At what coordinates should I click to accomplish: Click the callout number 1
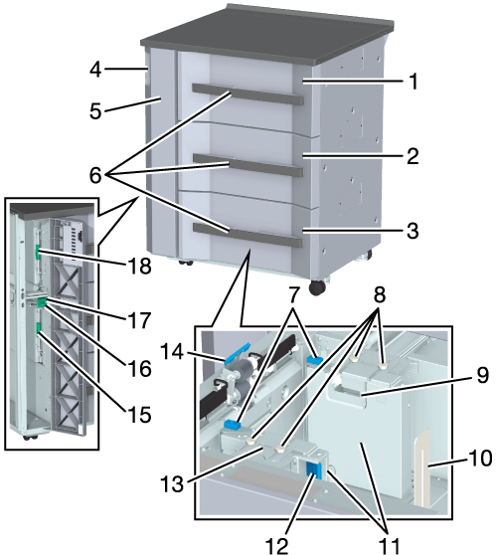click(x=413, y=81)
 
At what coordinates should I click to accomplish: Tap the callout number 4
click(x=95, y=69)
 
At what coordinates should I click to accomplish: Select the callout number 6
click(x=95, y=175)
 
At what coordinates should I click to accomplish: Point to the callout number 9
click(x=482, y=375)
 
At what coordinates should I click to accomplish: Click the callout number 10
click(x=480, y=458)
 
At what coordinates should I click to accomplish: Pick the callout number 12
click(x=277, y=545)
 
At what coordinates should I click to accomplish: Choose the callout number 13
click(x=172, y=483)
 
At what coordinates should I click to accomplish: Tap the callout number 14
click(x=172, y=352)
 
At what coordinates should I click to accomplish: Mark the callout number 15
click(x=140, y=414)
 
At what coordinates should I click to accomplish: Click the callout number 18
click(x=140, y=266)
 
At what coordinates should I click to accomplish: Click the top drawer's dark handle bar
click(x=248, y=94)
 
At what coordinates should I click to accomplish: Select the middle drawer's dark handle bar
click(x=248, y=165)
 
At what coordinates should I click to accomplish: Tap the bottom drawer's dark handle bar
click(x=248, y=235)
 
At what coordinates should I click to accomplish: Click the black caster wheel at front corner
click(x=317, y=287)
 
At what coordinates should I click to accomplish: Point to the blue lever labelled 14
click(x=237, y=353)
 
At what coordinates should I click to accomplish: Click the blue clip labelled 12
click(x=314, y=470)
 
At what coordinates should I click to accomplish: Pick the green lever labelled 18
click(x=37, y=252)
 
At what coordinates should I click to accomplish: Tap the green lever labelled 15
click(x=39, y=328)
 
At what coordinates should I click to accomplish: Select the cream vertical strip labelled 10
click(x=422, y=468)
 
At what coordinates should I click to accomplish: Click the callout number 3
click(x=413, y=231)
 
